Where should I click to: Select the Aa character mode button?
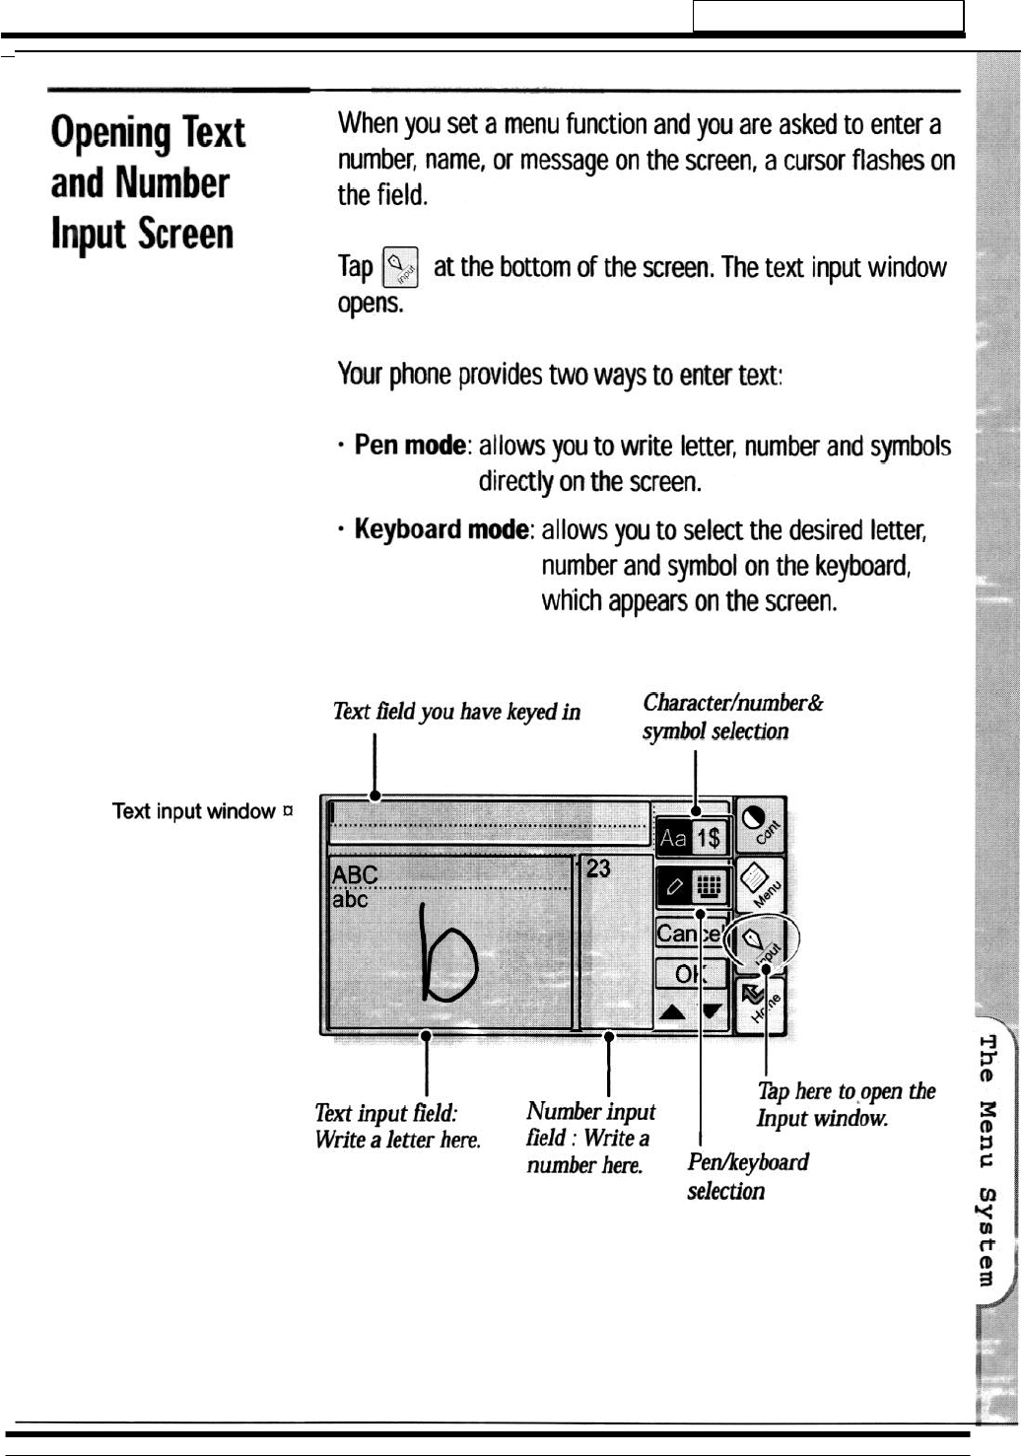coord(674,838)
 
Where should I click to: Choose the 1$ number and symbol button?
coord(709,838)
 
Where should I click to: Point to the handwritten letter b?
coord(448,951)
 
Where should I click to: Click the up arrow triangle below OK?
coord(672,1011)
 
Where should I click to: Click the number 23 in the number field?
coord(598,868)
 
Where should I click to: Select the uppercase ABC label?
coord(355,874)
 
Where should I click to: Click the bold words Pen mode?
coord(409,446)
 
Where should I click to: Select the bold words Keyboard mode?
coord(441,530)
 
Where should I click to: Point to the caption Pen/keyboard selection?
coord(747,1176)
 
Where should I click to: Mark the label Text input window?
coord(194,811)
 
